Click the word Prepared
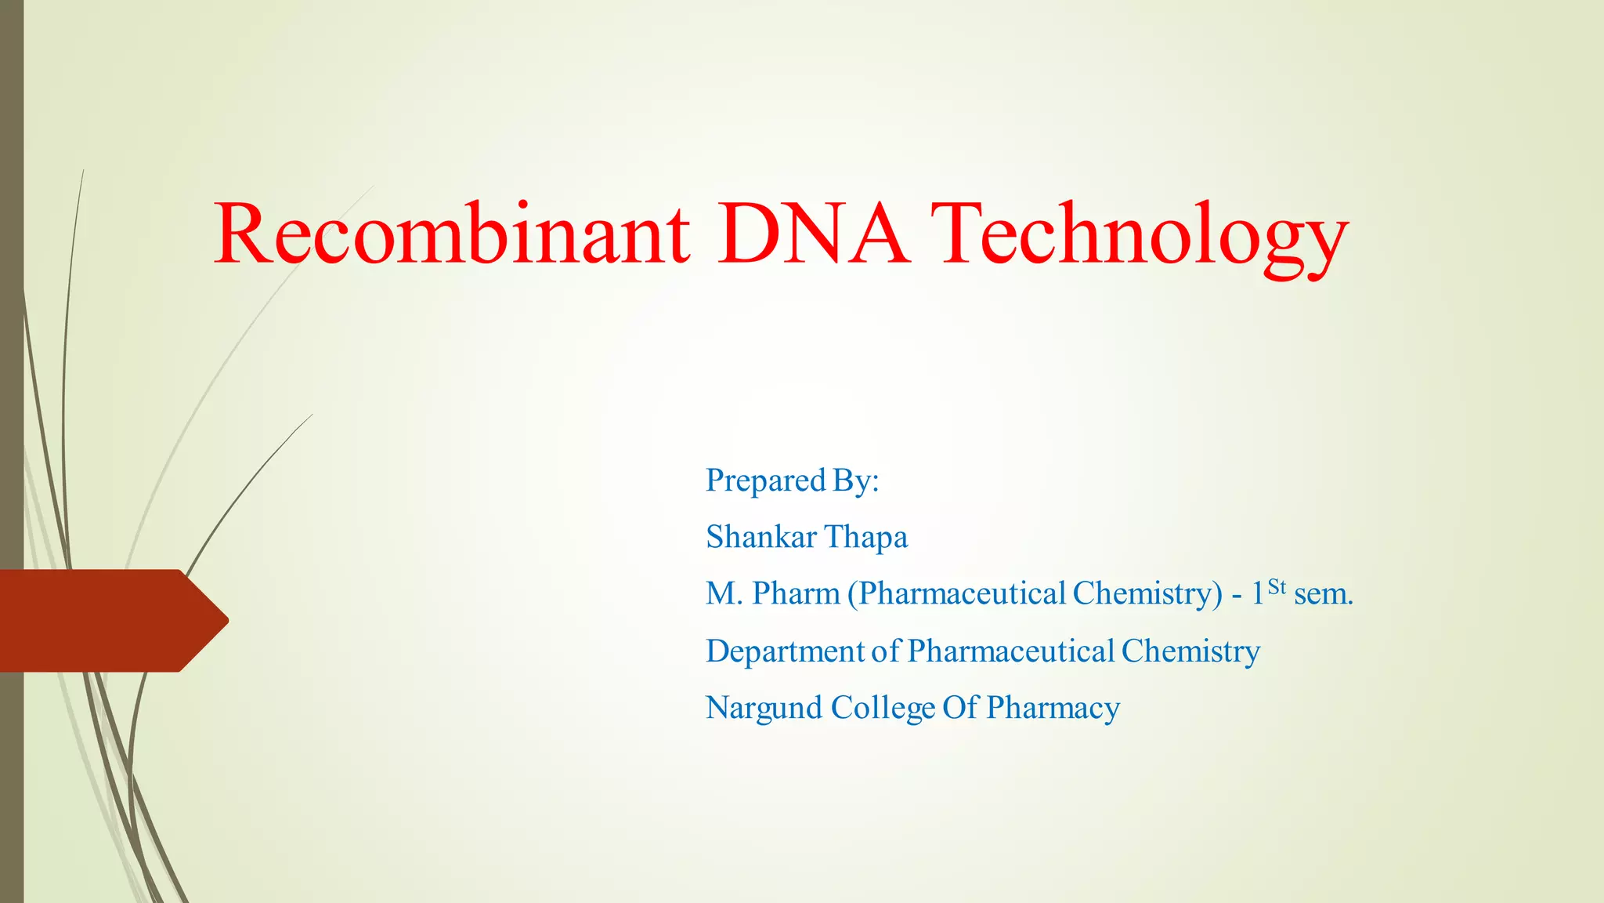point(766,481)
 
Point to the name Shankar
point(760,538)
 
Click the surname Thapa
point(866,538)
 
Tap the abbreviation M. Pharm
point(772,594)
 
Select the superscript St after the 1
point(1277,586)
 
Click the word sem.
point(1324,594)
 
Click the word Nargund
point(764,709)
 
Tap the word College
point(883,709)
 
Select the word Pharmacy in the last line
point(1053,709)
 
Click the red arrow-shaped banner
point(102,621)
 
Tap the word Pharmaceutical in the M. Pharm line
point(963,594)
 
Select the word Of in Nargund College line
point(960,709)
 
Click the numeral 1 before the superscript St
point(1257,594)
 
